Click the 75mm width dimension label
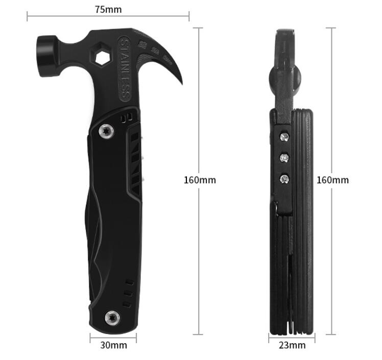(x=108, y=10)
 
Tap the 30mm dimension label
(x=114, y=345)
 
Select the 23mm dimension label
(x=292, y=345)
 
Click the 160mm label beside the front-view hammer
(x=200, y=180)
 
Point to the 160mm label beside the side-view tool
(x=332, y=180)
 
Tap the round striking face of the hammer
(x=46, y=57)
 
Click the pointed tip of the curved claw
(x=182, y=84)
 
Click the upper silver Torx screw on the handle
(x=106, y=132)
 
